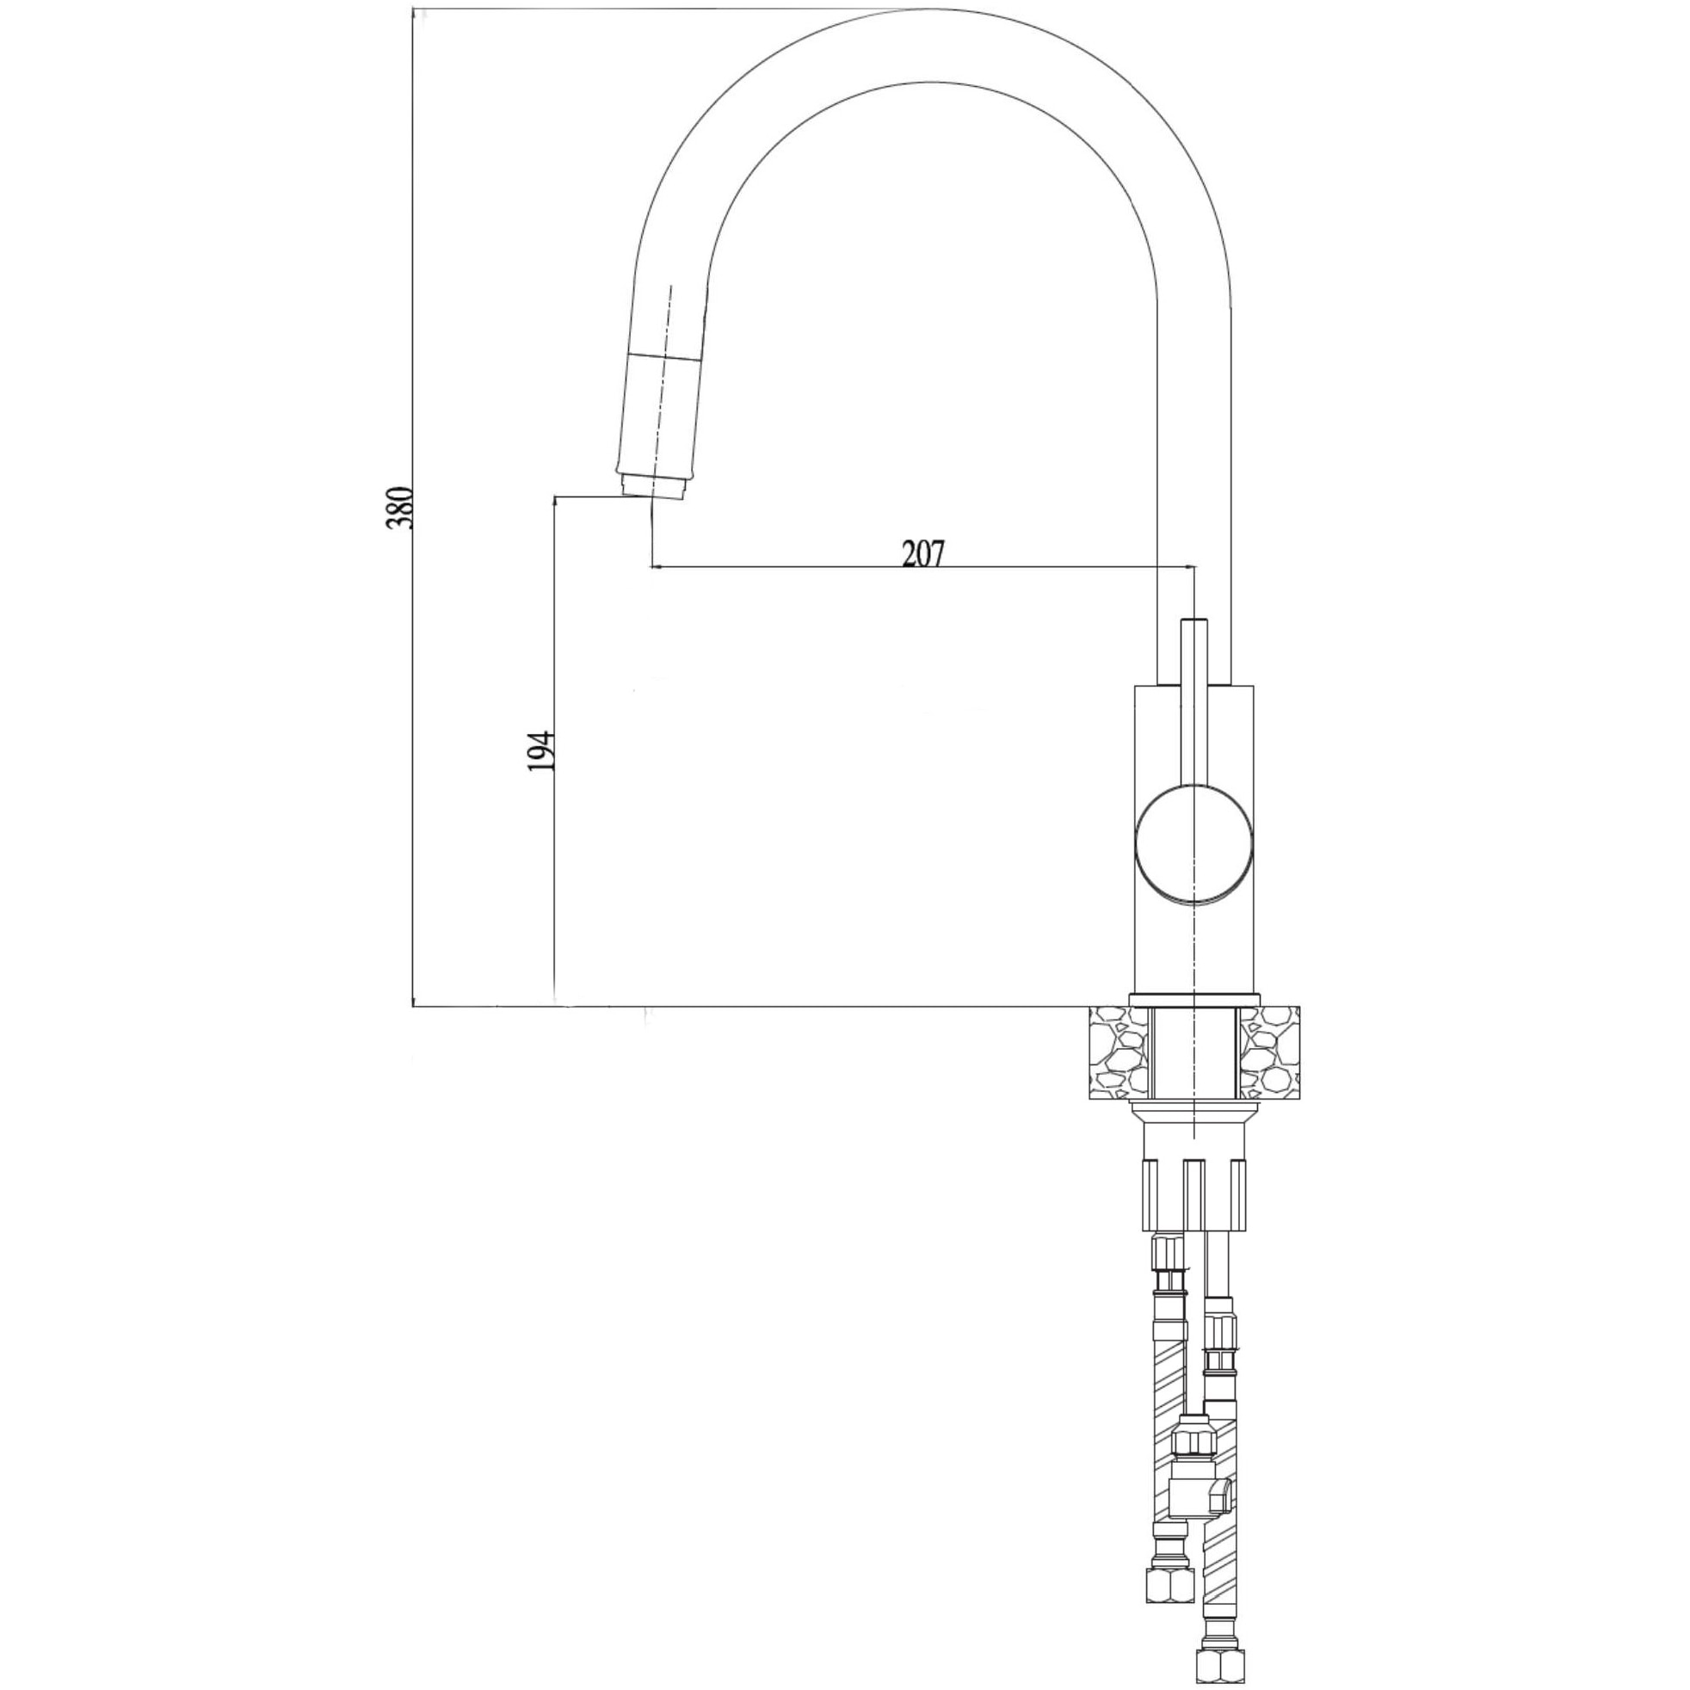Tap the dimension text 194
coord(542,750)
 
